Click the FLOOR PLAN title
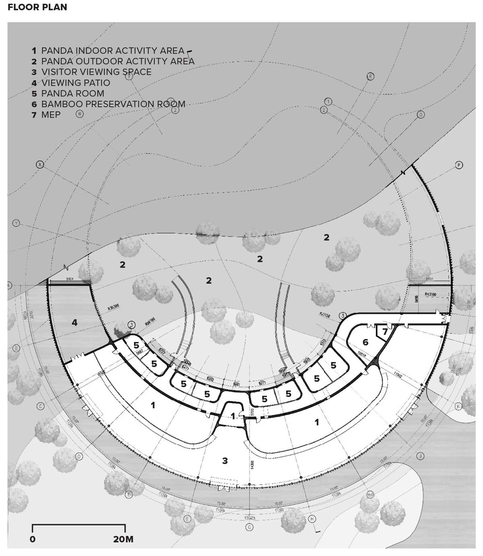37,7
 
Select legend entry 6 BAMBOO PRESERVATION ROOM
109,104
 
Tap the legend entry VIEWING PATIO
71,83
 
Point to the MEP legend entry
46,115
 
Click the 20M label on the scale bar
123,539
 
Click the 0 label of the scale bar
33,539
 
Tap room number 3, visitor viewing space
225,461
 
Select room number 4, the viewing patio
74,322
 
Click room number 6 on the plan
365,342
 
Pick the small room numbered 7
385,332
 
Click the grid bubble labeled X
40,164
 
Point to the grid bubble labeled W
80,114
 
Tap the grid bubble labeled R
370,76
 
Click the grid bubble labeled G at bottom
250,527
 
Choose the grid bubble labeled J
420,456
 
